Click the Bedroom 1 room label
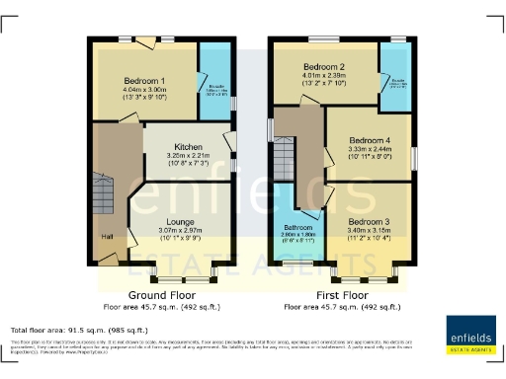[x=143, y=80]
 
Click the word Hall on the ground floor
[x=106, y=238]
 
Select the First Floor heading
[x=343, y=295]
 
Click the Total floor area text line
[x=79, y=329]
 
